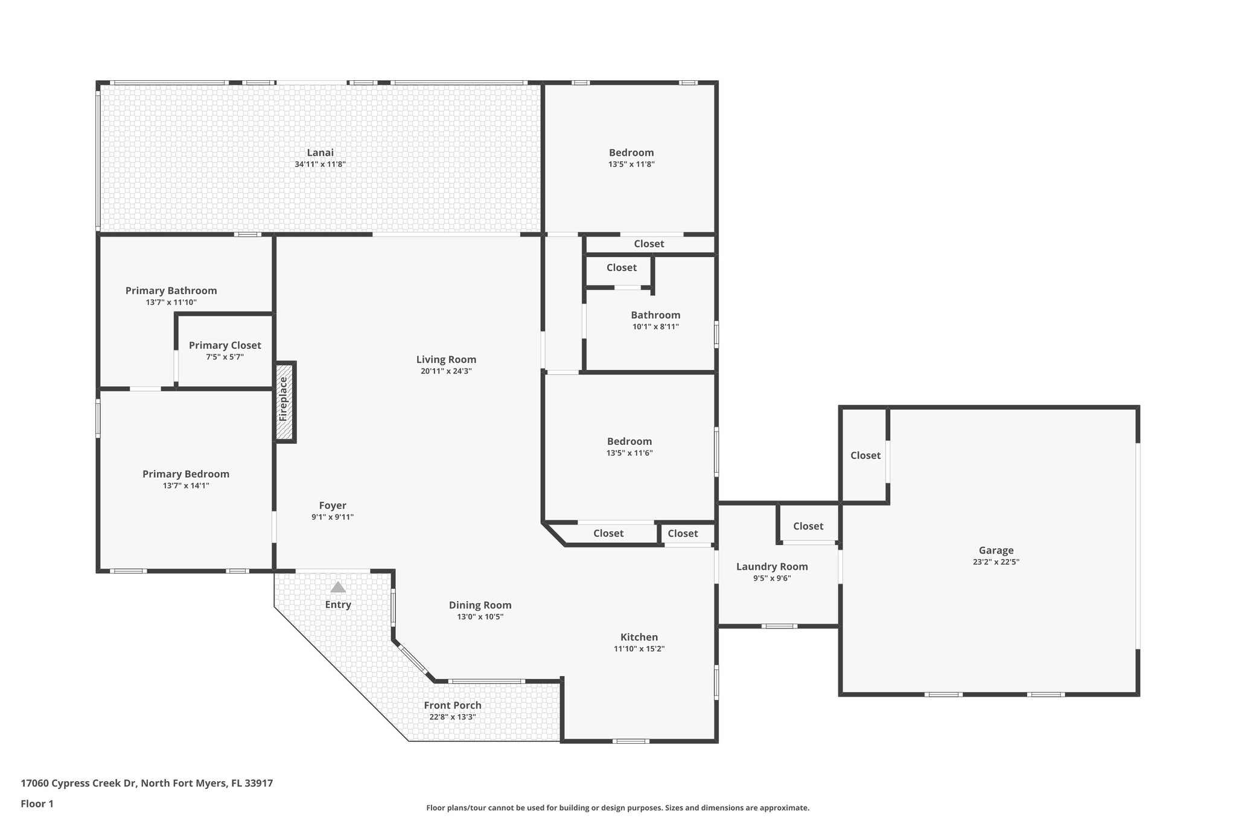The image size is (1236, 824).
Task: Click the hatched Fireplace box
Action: click(284, 401)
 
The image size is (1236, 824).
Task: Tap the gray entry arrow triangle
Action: click(338, 587)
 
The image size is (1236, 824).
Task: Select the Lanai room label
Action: click(320, 153)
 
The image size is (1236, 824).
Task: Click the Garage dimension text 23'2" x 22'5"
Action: click(995, 562)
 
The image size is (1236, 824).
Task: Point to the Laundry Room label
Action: click(772, 566)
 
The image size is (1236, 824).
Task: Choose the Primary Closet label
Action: click(225, 345)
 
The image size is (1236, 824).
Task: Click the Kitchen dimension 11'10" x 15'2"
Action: click(639, 649)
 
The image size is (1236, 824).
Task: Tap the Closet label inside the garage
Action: click(865, 456)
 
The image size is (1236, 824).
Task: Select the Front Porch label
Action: click(453, 705)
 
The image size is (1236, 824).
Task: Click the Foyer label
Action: click(333, 505)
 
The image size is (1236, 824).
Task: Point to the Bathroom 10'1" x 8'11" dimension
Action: click(655, 327)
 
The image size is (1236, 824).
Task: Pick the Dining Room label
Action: click(480, 605)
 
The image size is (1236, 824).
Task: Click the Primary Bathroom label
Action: click(171, 290)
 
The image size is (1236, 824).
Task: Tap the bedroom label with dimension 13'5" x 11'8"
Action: click(631, 153)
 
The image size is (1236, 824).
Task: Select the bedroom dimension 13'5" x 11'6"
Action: click(629, 453)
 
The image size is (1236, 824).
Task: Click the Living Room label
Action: click(446, 359)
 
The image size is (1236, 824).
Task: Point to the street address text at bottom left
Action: click(147, 784)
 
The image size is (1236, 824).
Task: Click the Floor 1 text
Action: click(37, 803)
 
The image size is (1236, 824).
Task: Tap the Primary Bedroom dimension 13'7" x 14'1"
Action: click(186, 485)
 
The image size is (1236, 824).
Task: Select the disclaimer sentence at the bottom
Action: click(617, 808)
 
